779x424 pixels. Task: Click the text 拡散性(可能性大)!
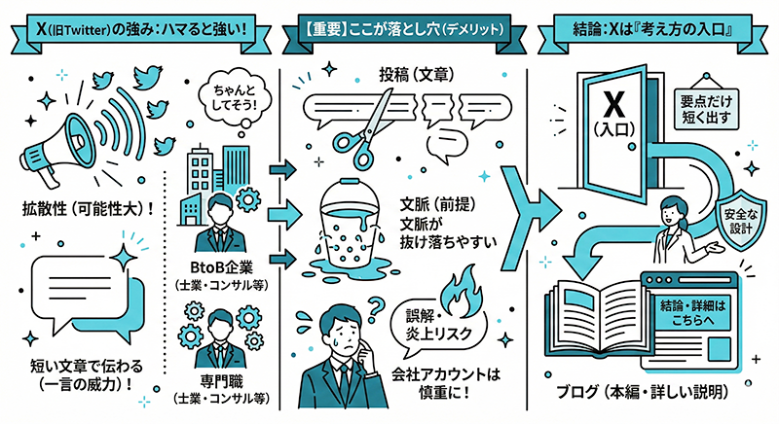coord(83,209)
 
